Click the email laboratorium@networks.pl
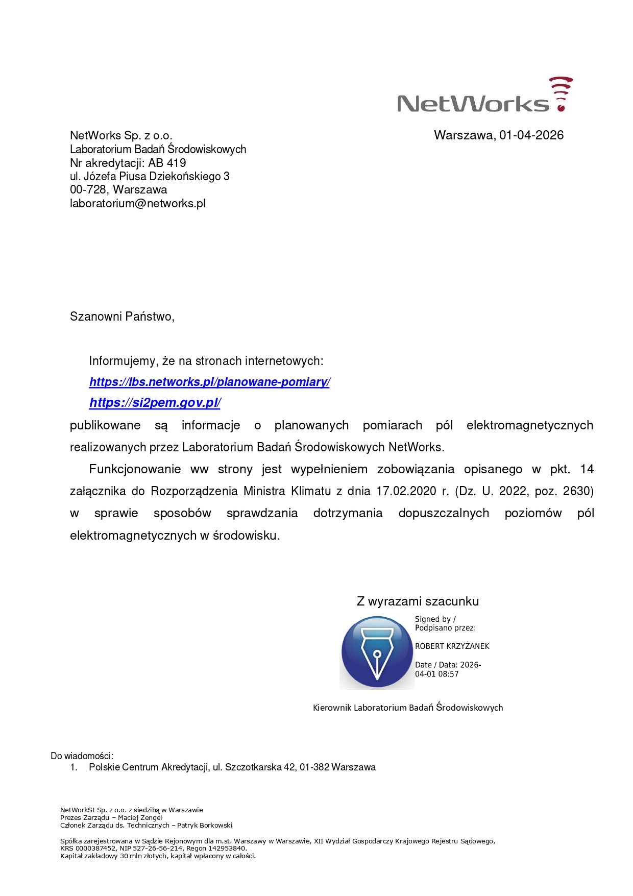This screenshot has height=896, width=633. point(138,203)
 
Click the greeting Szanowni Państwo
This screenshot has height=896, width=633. point(122,317)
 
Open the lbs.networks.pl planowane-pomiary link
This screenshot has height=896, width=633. point(209,382)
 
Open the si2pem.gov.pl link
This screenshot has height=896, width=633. point(155,403)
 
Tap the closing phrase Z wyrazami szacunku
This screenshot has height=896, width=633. point(418,601)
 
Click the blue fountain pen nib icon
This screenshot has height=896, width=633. point(377,652)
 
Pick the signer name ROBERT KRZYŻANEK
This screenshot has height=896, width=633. point(452,646)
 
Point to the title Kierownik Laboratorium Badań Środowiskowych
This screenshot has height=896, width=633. point(408,708)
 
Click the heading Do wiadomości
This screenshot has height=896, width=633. point(82,756)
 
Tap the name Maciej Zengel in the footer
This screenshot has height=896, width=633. point(140,817)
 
